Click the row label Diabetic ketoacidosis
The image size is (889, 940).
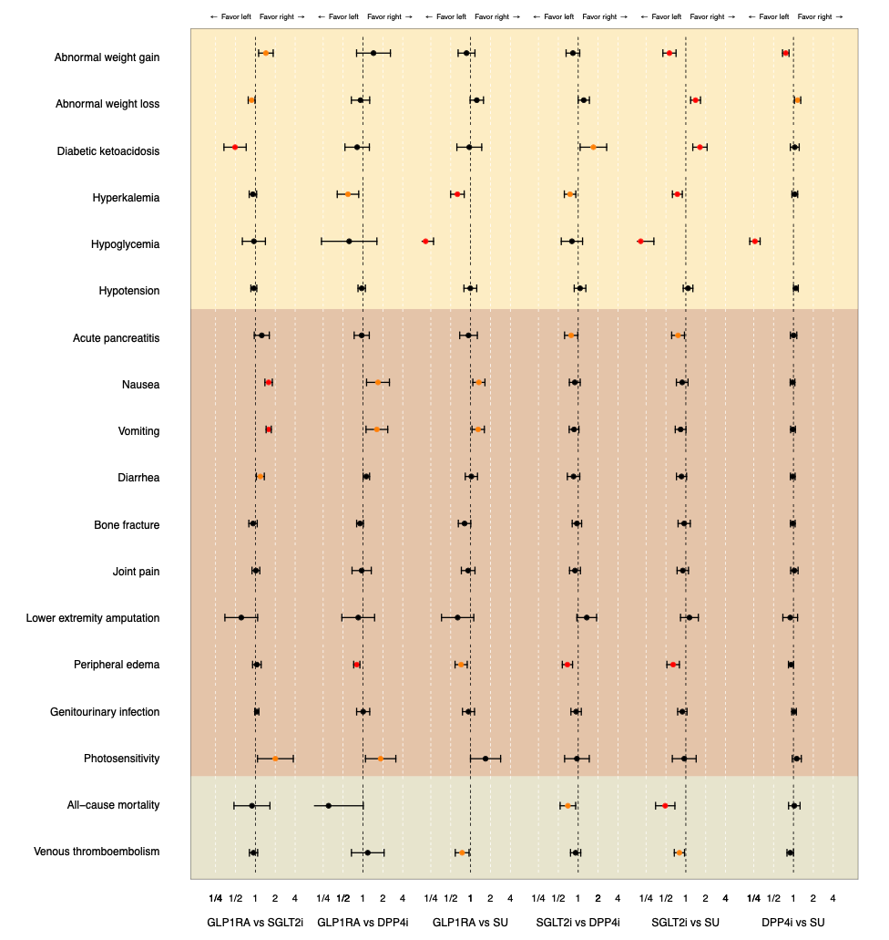[x=107, y=151]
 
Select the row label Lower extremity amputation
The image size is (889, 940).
[x=92, y=618]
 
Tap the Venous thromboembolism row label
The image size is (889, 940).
[x=97, y=852]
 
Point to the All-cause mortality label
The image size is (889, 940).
[x=113, y=805]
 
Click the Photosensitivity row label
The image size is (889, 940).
[x=121, y=759]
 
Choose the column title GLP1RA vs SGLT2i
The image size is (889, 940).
[x=255, y=923]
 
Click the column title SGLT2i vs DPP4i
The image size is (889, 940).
[x=577, y=923]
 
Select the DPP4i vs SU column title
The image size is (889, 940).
[x=792, y=923]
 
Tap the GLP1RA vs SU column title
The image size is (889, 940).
[x=470, y=923]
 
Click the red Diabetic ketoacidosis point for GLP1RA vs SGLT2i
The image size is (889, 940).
[x=235, y=147]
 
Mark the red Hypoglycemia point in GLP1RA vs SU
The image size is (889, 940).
[x=425, y=241]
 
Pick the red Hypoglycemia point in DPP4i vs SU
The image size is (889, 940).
[x=754, y=241]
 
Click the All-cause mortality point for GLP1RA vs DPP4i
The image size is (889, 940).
[x=329, y=805]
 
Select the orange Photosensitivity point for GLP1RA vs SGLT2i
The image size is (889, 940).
[x=275, y=759]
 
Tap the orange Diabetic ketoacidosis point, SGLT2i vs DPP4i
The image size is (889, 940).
[x=593, y=147]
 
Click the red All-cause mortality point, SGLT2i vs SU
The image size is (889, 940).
[x=665, y=805]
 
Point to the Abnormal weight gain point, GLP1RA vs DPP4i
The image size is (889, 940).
[x=373, y=53]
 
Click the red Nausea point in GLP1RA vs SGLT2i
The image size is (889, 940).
[x=269, y=382]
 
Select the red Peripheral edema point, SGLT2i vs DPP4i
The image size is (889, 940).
[x=567, y=665]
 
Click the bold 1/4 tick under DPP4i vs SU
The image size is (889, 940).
[x=753, y=898]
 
